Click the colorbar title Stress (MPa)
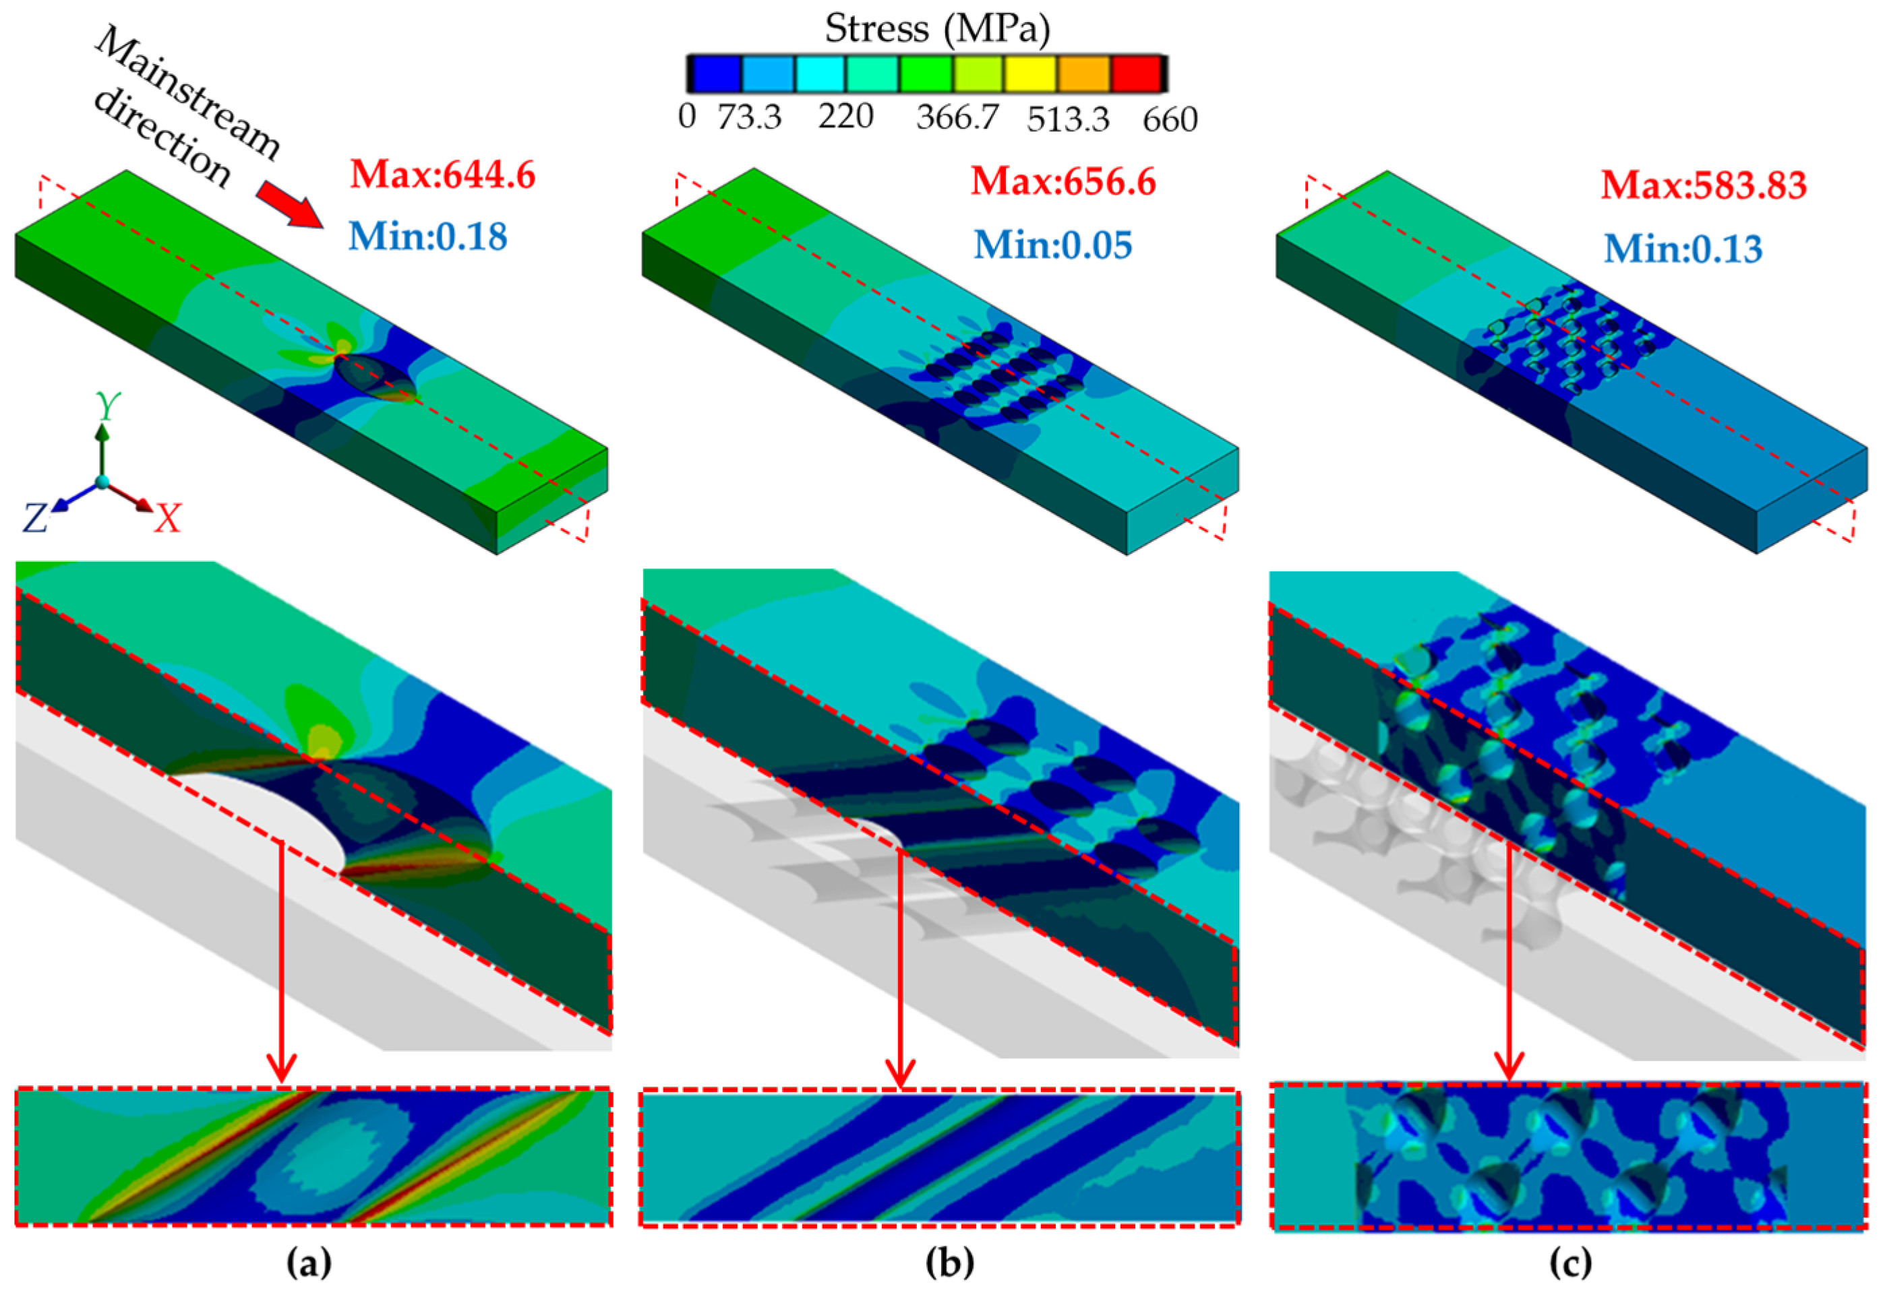pyautogui.click(x=937, y=28)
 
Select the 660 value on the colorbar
pyautogui.click(x=1170, y=120)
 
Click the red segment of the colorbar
pyautogui.click(x=1136, y=73)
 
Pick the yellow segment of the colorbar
pyautogui.click(x=1031, y=73)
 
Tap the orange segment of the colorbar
pyautogui.click(x=1084, y=73)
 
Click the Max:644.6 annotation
pyautogui.click(x=443, y=175)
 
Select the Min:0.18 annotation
pyautogui.click(x=427, y=236)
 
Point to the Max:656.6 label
pyautogui.click(x=1063, y=181)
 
